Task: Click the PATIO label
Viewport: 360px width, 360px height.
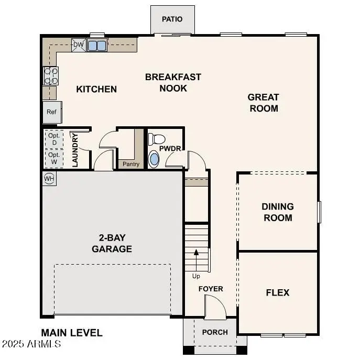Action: (172, 19)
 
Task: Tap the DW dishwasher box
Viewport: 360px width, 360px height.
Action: (78, 45)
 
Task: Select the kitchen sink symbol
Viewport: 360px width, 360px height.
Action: (97, 46)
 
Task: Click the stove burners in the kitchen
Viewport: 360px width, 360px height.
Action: (50, 77)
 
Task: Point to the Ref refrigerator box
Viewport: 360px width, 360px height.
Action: (51, 112)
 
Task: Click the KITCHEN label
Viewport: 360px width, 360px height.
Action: (96, 89)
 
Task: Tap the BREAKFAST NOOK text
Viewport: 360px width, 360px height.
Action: (173, 83)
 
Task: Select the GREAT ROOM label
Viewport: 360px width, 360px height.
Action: (263, 103)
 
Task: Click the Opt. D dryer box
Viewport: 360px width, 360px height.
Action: (54, 139)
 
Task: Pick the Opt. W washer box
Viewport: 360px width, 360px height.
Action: (54, 158)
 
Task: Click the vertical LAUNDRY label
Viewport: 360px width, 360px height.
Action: (75, 150)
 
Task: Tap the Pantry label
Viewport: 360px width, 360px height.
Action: (131, 165)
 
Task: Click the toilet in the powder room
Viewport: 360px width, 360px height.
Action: (156, 139)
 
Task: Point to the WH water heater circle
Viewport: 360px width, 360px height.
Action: (49, 179)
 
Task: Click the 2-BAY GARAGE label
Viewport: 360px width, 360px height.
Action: (112, 244)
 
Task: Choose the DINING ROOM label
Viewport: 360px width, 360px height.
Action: (278, 212)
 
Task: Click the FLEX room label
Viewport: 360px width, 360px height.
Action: (278, 293)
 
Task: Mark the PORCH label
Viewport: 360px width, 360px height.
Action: (215, 332)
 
